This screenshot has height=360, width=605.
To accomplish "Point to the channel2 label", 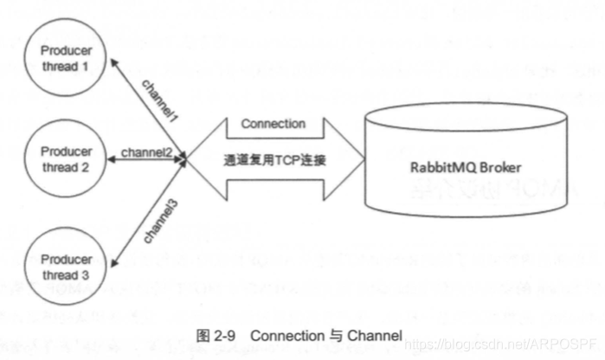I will point(146,152).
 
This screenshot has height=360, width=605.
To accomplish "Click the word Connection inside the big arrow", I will point(273,124).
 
